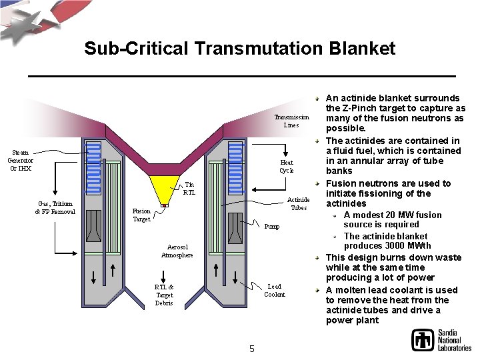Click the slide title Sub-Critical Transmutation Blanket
pyautogui.click(x=240, y=49)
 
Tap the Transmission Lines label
pyautogui.click(x=291, y=121)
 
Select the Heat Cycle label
pyautogui.click(x=287, y=166)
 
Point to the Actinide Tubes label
pyautogui.click(x=298, y=203)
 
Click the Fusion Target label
pyautogui.click(x=141, y=215)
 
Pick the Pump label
pyautogui.click(x=271, y=227)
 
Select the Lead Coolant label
pyautogui.click(x=274, y=290)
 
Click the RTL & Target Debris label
pyautogui.click(x=164, y=295)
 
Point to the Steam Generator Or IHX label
pyautogui.click(x=19, y=160)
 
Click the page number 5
pyautogui.click(x=251, y=349)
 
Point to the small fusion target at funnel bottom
pyautogui.click(x=165, y=205)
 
